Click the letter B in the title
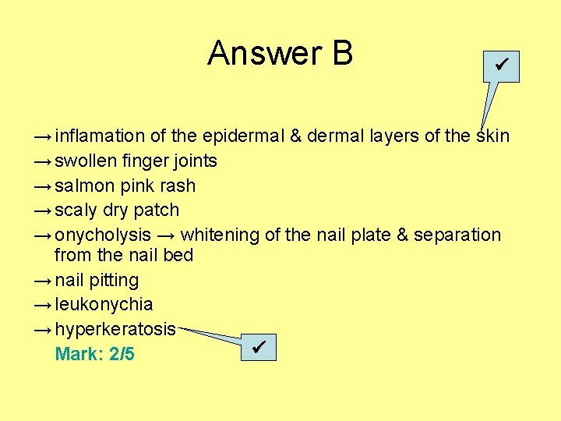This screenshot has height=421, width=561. [x=342, y=54]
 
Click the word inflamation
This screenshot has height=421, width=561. [x=100, y=136]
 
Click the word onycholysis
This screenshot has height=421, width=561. [x=103, y=235]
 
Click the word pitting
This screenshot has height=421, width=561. [x=113, y=280]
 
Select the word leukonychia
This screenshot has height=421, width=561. [x=104, y=304]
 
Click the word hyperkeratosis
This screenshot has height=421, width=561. [x=115, y=329]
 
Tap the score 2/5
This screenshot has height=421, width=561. [x=122, y=355]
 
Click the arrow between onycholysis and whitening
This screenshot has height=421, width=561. [x=165, y=235]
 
